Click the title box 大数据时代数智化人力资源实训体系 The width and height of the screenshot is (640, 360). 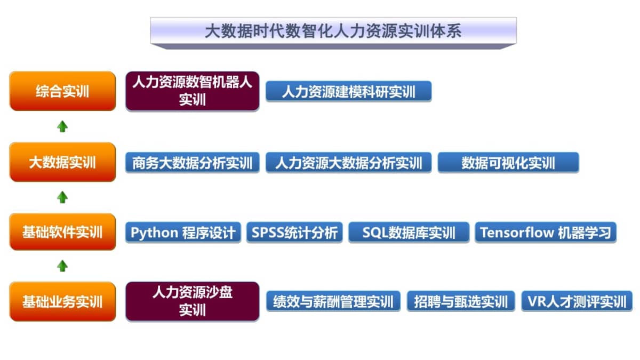point(333,31)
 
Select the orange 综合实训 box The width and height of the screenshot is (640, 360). point(62,91)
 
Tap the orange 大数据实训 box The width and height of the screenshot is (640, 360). point(62,162)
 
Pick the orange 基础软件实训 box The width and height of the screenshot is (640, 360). point(62,231)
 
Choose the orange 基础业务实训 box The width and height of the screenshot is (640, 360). point(62,301)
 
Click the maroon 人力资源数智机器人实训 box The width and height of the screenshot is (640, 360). point(193,91)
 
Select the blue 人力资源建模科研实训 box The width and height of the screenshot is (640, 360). point(349,91)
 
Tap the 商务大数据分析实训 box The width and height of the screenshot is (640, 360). point(193,163)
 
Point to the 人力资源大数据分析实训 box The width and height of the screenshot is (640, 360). point(349,163)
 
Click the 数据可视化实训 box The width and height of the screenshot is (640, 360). point(508,163)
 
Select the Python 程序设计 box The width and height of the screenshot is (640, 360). point(183,233)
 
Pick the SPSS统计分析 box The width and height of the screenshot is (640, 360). point(294,233)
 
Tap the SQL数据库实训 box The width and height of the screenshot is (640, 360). point(409,233)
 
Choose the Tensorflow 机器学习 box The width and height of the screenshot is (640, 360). point(546,233)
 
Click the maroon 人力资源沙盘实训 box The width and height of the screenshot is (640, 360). point(193,301)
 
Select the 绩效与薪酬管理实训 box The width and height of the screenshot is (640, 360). point(333,301)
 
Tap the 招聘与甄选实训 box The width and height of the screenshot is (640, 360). point(461,301)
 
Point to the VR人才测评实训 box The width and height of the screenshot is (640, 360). point(577,301)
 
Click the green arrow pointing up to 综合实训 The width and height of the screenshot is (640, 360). point(62,126)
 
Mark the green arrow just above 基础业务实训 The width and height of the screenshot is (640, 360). point(62,266)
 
